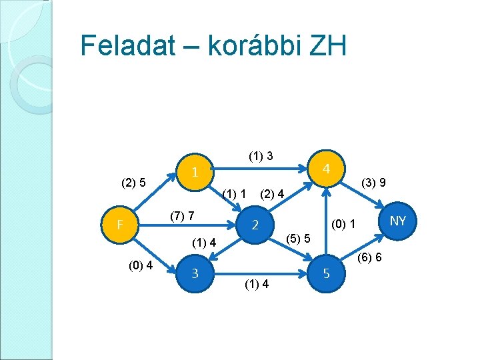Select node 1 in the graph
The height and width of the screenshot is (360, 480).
click(x=194, y=172)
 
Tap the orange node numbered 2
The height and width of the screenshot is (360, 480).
click(x=255, y=225)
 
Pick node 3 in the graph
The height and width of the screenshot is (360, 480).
click(x=194, y=273)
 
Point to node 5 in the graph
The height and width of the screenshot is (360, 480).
click(x=326, y=273)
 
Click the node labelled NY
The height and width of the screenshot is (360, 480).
click(x=398, y=221)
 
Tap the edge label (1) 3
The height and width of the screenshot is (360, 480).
click(x=261, y=156)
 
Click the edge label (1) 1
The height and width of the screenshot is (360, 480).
click(x=235, y=194)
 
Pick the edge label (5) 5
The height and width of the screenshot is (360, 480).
click(x=297, y=238)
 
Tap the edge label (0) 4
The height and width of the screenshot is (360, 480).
click(x=141, y=266)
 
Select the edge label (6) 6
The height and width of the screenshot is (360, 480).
click(x=369, y=257)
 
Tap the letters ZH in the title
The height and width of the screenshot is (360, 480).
click(x=327, y=46)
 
